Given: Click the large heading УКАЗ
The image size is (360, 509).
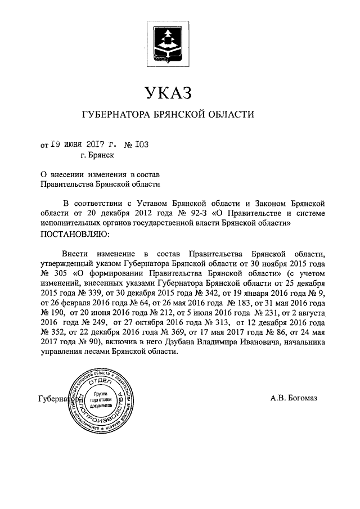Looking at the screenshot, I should [x=168, y=92].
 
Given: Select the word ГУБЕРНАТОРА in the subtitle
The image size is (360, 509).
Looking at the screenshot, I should [x=116, y=115].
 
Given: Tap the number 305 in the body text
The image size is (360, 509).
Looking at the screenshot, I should [x=61, y=273].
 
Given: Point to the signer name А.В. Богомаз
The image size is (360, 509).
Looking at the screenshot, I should [x=293, y=399].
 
